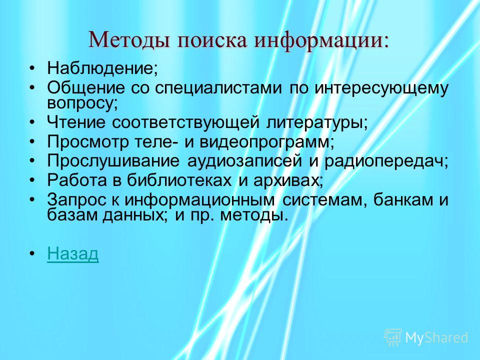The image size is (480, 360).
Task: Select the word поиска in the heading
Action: [212, 40]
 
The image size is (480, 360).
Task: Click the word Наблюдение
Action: [100, 68]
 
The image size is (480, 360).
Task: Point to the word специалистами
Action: [218, 88]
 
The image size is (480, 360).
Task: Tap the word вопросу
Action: [80, 103]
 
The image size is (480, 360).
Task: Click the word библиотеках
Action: [179, 180]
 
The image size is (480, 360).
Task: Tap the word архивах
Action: [286, 180]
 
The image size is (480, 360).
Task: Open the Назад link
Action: [73, 254]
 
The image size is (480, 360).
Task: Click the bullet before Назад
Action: [32, 254]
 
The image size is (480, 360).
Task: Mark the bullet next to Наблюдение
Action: [32, 67]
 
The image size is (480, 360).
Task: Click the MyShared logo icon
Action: [393, 337]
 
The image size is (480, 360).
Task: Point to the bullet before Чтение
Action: [32, 122]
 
